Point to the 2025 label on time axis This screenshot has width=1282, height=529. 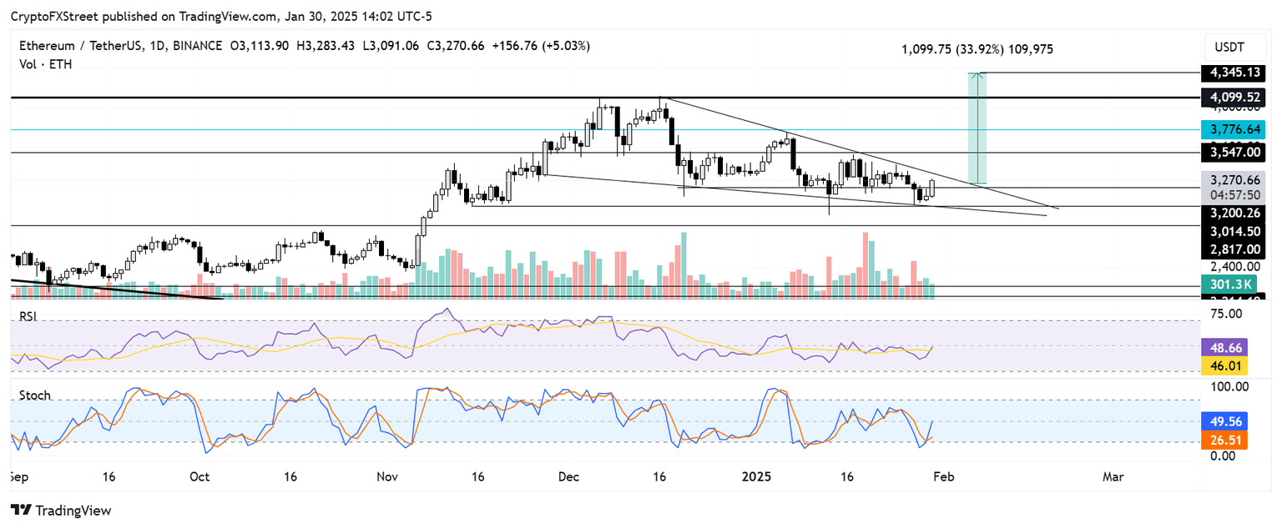tap(758, 476)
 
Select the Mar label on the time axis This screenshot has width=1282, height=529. tap(1113, 476)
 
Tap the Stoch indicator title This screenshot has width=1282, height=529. tap(34, 395)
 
